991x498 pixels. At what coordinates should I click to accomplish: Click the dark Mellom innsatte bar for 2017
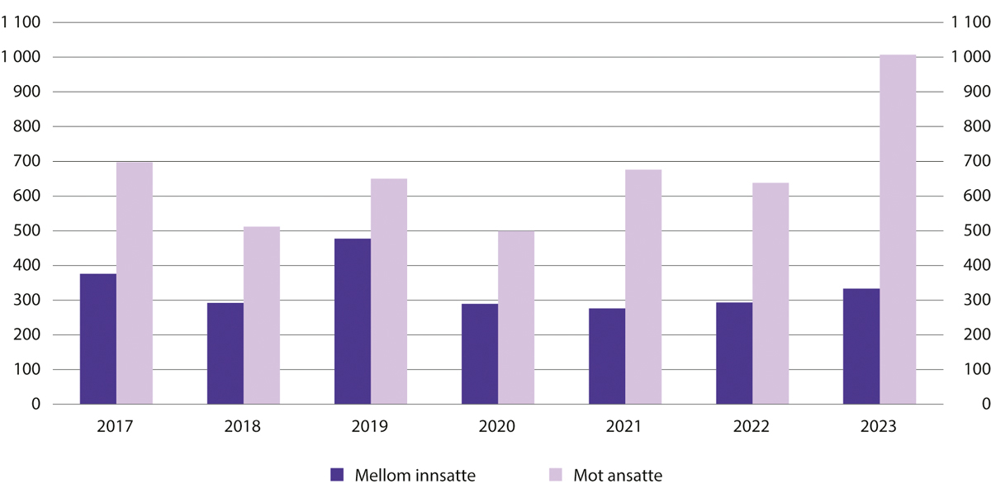point(97,339)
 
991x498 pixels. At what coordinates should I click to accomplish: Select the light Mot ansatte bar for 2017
point(134,283)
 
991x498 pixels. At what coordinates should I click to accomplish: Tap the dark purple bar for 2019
point(352,321)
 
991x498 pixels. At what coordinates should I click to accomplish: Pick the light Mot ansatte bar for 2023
point(897,230)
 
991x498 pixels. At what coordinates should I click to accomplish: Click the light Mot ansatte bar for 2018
point(261,315)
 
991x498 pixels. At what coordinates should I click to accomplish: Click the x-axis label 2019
point(369,427)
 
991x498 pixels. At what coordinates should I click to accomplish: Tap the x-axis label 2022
point(752,427)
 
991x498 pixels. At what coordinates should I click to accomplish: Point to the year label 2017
point(115,427)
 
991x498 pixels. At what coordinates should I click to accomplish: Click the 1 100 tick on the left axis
point(22,23)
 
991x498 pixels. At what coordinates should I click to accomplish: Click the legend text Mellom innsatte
point(415,475)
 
